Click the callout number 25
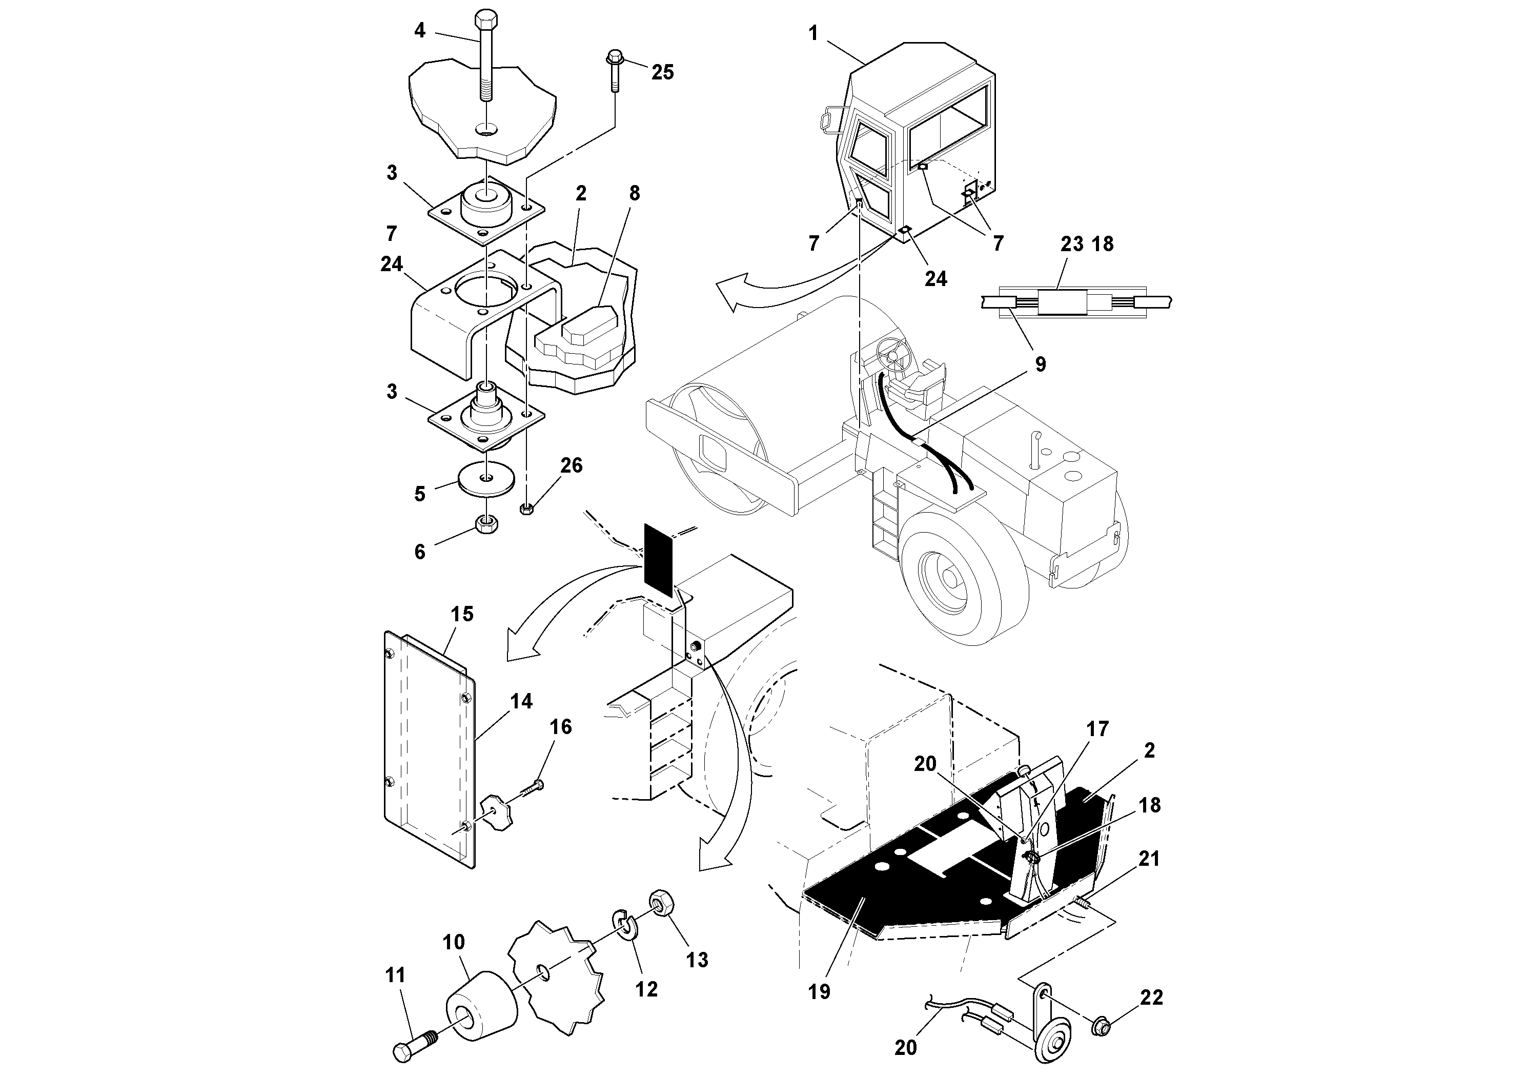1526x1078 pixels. point(662,72)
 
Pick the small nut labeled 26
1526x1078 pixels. point(526,509)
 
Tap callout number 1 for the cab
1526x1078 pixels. point(813,33)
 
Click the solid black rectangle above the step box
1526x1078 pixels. point(659,560)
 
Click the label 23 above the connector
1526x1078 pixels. point(1071,244)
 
